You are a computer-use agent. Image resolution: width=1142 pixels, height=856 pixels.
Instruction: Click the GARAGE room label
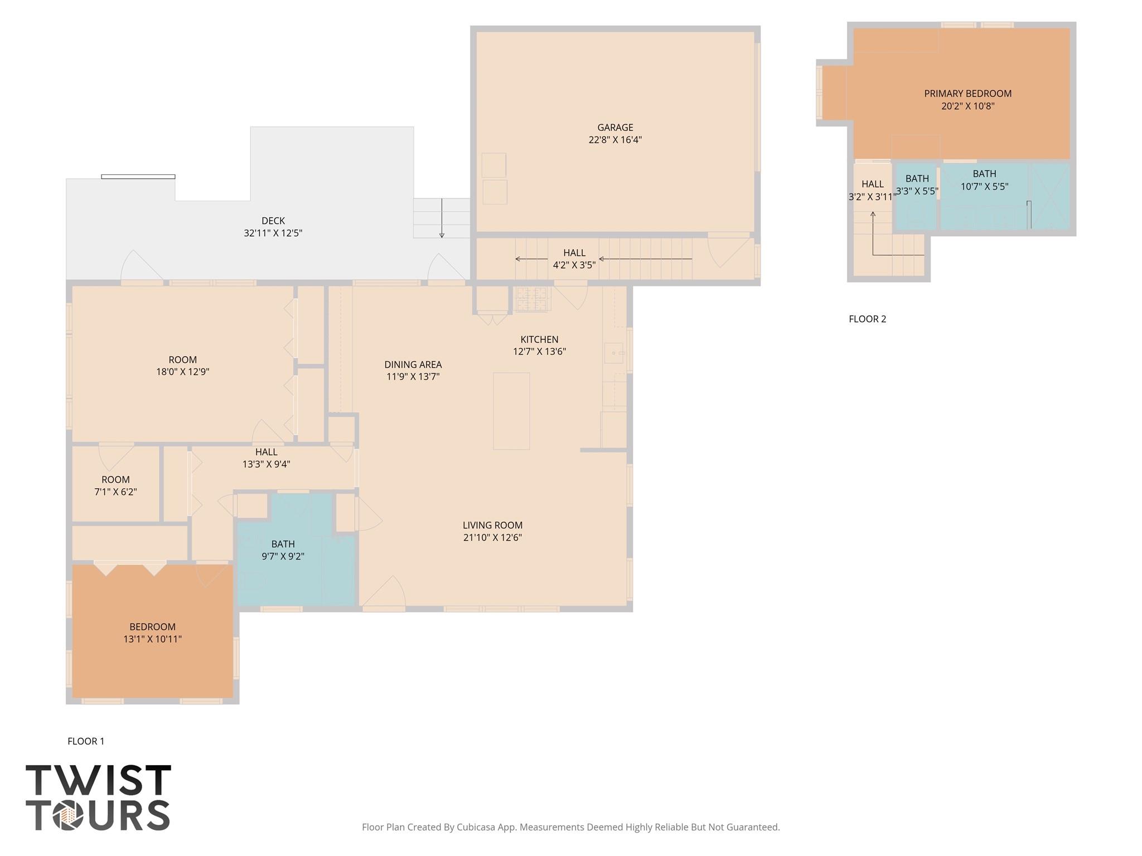[x=615, y=128]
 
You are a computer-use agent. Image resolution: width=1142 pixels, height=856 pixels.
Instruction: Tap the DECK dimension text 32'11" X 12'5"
[x=273, y=233]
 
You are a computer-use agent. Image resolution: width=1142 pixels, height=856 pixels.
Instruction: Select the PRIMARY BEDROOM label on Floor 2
[x=967, y=94]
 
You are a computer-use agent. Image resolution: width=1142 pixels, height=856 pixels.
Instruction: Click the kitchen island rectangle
[x=511, y=411]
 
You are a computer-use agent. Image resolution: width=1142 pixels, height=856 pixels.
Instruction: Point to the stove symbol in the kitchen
[x=532, y=299]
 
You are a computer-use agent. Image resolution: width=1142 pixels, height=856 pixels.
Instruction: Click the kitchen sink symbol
[x=614, y=353]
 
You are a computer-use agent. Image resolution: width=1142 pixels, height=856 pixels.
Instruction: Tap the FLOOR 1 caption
[x=86, y=741]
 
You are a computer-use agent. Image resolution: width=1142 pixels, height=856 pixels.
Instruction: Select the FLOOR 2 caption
[x=867, y=319]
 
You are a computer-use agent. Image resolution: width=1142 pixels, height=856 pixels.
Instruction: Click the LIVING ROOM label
[x=492, y=525]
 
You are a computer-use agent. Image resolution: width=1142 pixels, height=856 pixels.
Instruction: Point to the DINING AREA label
[x=413, y=364]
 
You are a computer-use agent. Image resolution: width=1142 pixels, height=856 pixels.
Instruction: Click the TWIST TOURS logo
[x=98, y=797]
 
